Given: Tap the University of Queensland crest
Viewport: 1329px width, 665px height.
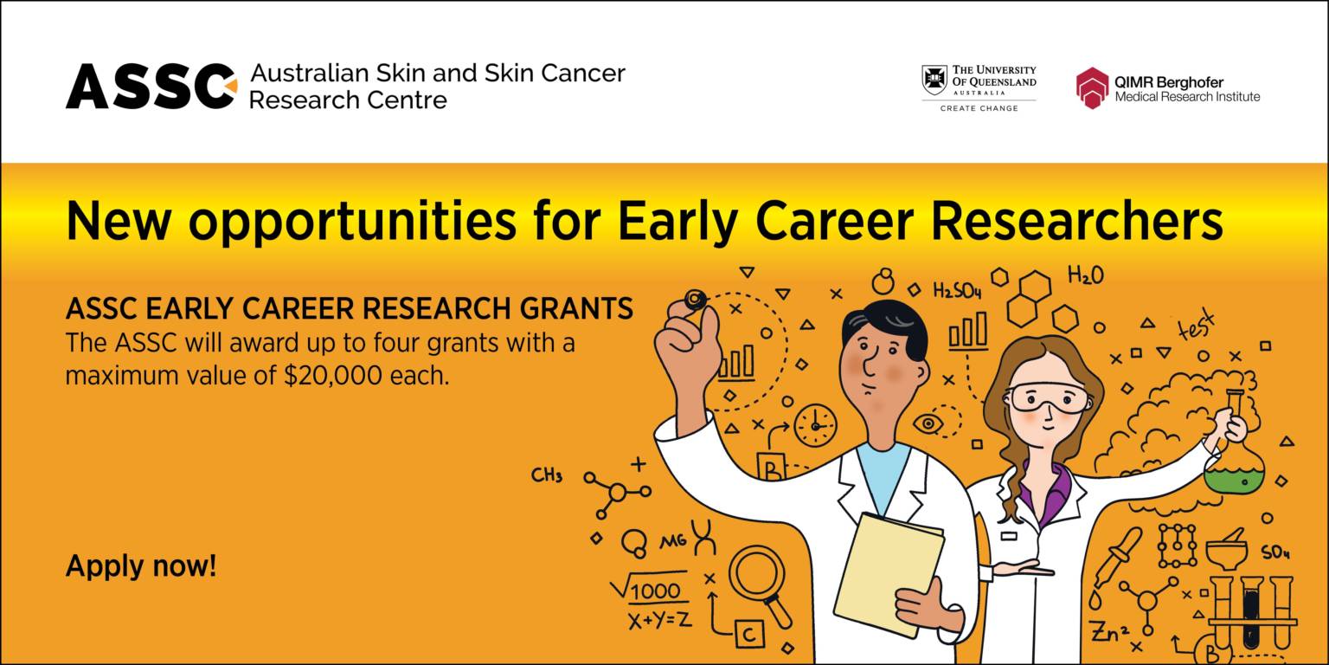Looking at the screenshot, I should [x=934, y=80].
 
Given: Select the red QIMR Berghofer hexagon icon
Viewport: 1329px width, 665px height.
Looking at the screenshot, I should [x=1092, y=88].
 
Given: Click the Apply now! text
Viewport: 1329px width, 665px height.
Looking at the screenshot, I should [x=141, y=566].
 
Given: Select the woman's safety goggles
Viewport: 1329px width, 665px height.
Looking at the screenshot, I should [x=1046, y=397].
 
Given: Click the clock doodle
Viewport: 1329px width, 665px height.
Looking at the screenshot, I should [x=815, y=425].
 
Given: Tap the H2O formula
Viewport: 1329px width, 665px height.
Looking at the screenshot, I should [x=1085, y=276].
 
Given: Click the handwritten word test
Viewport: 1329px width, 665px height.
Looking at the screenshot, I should [x=1195, y=326].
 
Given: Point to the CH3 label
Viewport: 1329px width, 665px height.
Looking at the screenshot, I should [x=547, y=475].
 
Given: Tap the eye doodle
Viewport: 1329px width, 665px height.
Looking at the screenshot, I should [x=928, y=423].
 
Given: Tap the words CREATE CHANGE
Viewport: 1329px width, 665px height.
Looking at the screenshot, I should [x=979, y=108].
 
